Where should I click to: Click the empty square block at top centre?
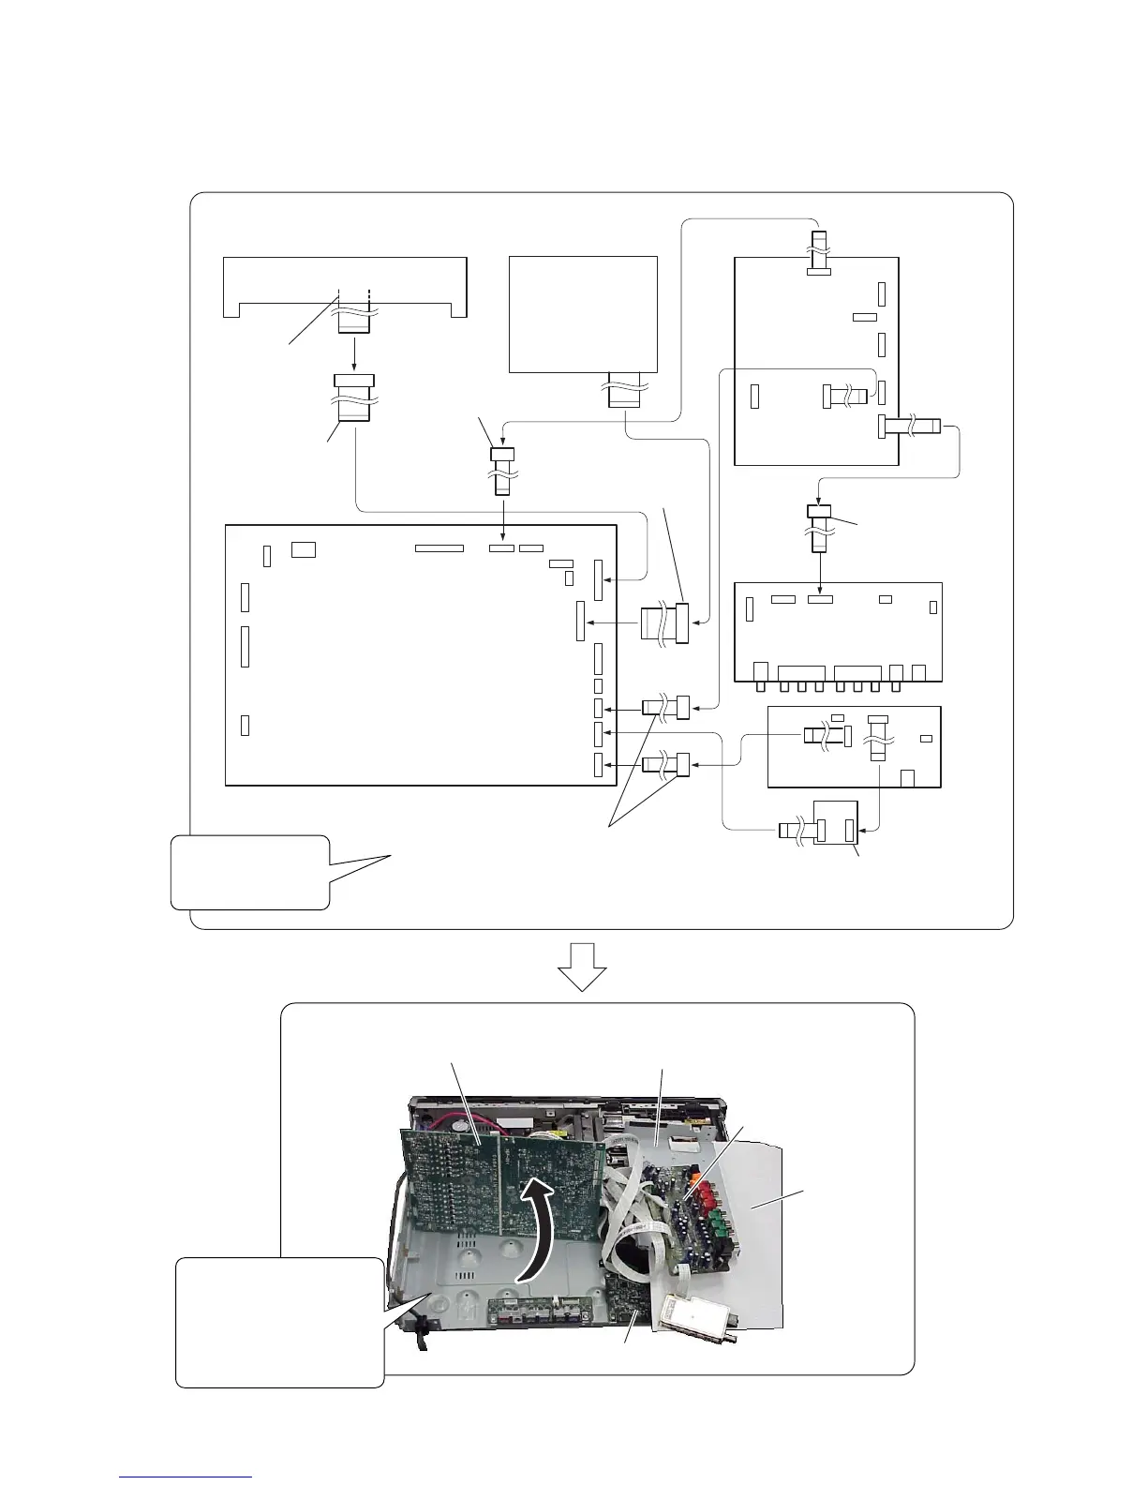tap(582, 314)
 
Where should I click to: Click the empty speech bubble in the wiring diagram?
tap(250, 872)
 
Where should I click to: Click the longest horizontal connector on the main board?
tap(439, 547)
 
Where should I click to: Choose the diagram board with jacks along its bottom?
tap(838, 632)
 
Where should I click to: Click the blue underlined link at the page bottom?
tap(186, 1478)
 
